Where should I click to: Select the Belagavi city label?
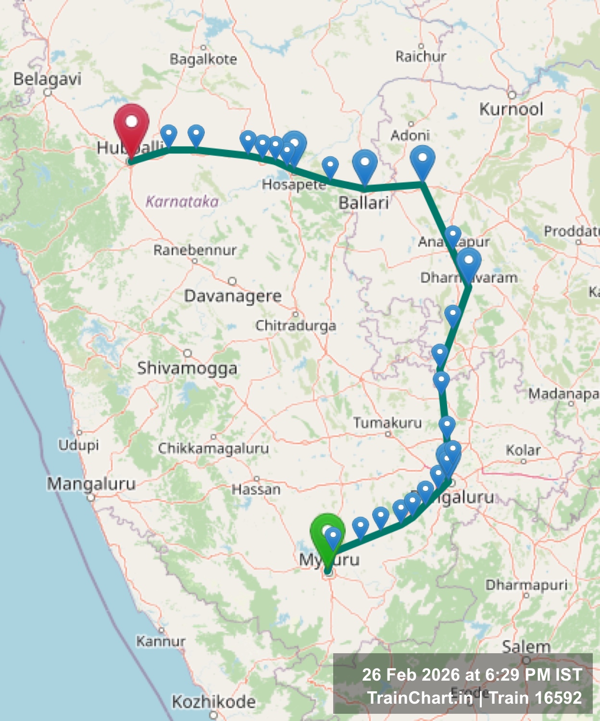click(x=47, y=79)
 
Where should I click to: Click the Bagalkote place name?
click(x=203, y=59)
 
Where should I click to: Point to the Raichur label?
click(x=421, y=57)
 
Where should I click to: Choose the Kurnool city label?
click(x=511, y=109)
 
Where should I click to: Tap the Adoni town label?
click(x=410, y=135)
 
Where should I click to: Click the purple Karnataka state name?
click(x=182, y=201)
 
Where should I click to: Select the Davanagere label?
click(x=233, y=296)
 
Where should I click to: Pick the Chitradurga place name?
click(x=296, y=325)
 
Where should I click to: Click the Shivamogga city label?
click(x=187, y=368)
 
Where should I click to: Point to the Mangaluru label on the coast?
click(x=91, y=484)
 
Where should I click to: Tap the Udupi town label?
click(x=79, y=445)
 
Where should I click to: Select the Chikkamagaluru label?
click(x=213, y=448)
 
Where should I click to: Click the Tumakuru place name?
click(x=387, y=423)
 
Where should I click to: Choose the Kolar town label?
click(x=523, y=450)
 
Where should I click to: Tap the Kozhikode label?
click(x=213, y=702)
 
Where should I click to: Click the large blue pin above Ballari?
click(x=365, y=164)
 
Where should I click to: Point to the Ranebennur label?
click(x=195, y=250)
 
